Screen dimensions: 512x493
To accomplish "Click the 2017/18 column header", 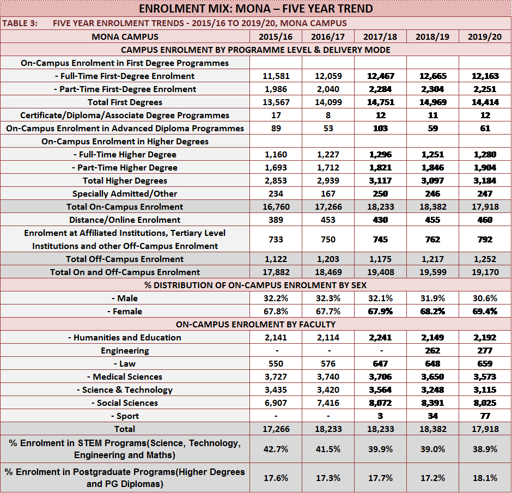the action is [380, 36].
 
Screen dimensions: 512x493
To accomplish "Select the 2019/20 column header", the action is [485, 36].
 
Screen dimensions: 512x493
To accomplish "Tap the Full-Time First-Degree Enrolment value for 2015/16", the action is [276, 76].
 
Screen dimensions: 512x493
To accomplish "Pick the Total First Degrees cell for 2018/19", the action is [432, 102].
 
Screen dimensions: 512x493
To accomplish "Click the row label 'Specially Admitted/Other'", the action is [125, 193].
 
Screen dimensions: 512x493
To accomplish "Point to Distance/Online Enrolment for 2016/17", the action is [328, 220].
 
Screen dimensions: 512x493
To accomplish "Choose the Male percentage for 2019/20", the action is [485, 298].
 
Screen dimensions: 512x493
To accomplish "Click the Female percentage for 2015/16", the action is [276, 311].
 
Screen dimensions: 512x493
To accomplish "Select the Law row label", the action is [125, 364].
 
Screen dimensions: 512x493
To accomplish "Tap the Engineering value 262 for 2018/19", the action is [432, 350].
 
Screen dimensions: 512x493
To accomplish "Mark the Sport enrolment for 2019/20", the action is [485, 416].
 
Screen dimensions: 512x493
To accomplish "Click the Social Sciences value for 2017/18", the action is [380, 403].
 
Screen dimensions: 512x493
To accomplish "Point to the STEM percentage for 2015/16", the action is [276, 449].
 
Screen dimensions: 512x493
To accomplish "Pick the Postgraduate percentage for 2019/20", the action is [485, 478].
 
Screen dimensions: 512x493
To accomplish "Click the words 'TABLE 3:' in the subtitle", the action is [20, 23].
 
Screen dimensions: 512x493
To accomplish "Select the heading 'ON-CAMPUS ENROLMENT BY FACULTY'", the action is [255, 324].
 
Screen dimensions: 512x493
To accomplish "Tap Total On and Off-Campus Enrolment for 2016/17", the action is [328, 272].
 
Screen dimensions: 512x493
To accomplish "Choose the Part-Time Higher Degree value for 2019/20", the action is [485, 167].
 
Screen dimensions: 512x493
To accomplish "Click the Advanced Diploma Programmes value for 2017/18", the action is [380, 129].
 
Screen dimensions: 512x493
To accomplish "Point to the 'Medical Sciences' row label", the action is [125, 377].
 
